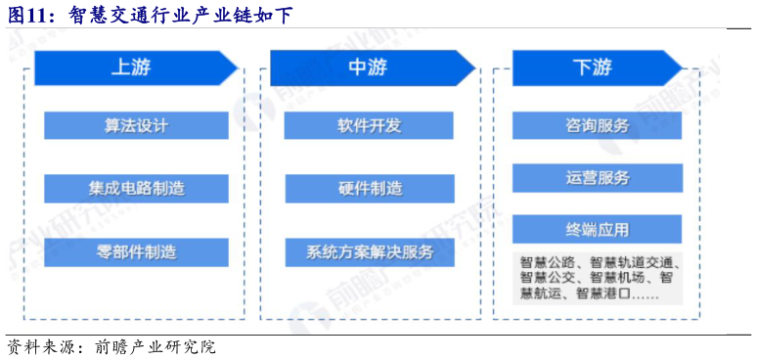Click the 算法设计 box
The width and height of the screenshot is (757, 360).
136,126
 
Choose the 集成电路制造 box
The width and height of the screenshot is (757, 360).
136,187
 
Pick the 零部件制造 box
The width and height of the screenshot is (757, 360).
136,251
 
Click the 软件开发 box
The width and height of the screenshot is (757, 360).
369,126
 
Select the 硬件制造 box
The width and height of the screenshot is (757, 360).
369,188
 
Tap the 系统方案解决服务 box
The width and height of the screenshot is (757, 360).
369,251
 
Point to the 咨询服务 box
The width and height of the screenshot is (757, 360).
597,126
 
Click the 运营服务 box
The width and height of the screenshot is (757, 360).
597,178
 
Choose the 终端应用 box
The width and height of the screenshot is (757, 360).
597,231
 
